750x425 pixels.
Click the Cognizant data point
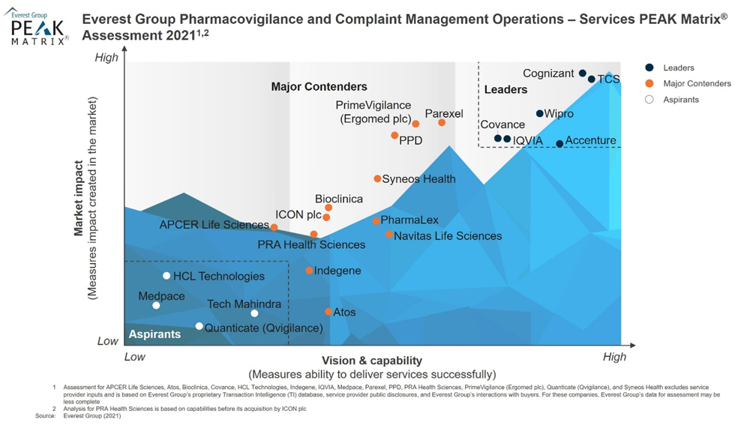click(x=582, y=73)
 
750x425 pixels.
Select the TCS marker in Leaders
click(x=592, y=79)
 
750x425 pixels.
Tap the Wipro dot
click(x=539, y=114)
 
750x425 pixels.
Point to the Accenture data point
click(x=559, y=144)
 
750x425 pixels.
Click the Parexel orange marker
click(x=442, y=122)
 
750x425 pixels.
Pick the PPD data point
click(x=394, y=136)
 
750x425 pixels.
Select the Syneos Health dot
click(x=377, y=178)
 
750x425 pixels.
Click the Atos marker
click(x=328, y=312)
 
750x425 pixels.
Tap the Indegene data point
click(x=309, y=271)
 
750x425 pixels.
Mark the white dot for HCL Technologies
click(x=166, y=276)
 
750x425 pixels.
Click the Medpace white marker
click(x=156, y=305)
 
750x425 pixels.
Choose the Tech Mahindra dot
click(x=254, y=313)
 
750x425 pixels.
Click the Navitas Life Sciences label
click(x=448, y=236)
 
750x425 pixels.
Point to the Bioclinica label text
click(x=339, y=199)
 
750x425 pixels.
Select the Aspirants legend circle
click(x=649, y=99)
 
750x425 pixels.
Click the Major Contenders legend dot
click(x=649, y=83)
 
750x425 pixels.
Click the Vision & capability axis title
click(x=372, y=361)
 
